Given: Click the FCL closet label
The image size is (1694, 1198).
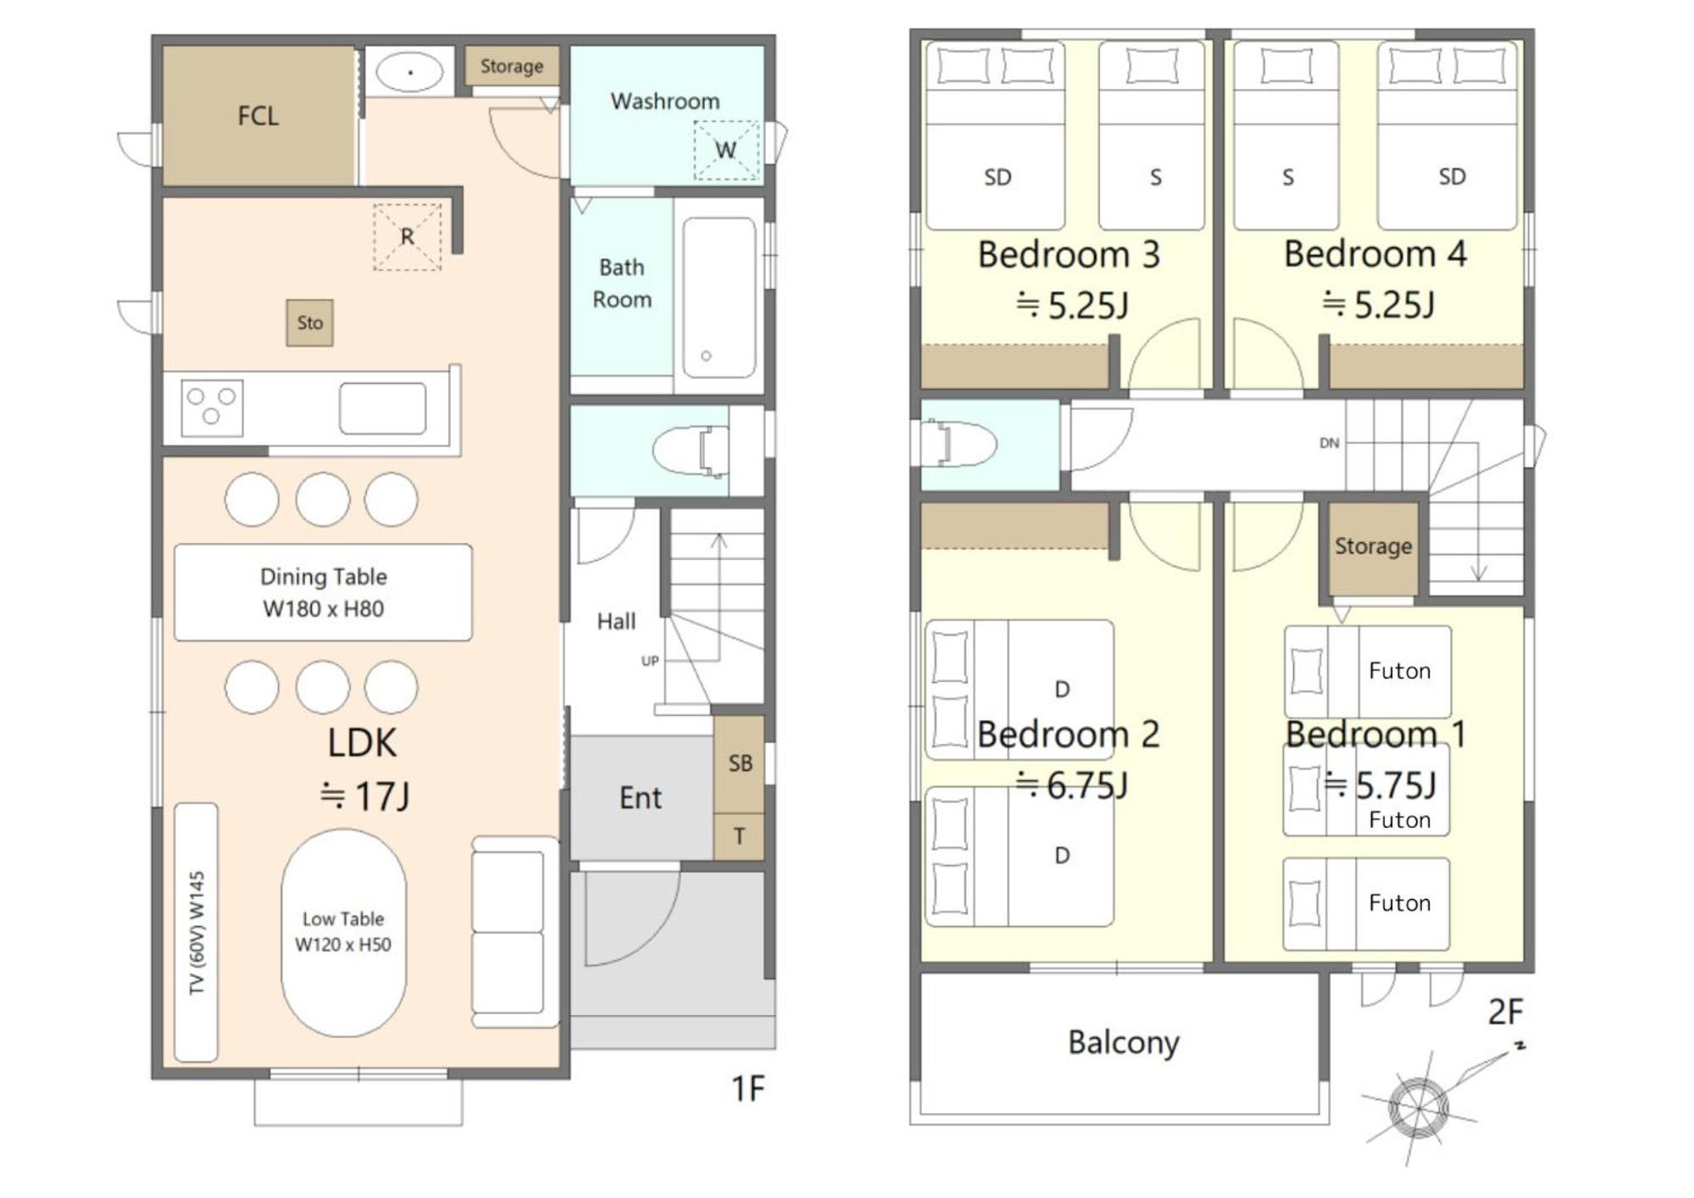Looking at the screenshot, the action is coord(258,116).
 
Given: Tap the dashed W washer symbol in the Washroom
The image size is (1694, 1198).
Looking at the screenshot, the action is coord(726,150).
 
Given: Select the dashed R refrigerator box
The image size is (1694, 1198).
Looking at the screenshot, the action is coord(408,236).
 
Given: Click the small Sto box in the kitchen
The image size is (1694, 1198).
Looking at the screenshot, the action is coord(309,323).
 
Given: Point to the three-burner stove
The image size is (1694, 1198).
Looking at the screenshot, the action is coord(212,408).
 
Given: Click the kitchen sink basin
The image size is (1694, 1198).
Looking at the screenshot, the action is coord(382,408).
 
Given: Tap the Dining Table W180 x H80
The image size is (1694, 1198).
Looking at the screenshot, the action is coord(323,592).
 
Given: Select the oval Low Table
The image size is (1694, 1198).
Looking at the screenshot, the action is coord(343,932).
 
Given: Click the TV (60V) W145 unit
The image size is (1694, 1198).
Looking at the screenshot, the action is coord(196,932).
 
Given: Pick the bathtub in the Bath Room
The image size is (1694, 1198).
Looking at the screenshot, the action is coord(719,297).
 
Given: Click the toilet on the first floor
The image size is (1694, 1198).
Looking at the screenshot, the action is coord(690,450).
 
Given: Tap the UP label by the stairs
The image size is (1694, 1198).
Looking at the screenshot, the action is coord(650,661).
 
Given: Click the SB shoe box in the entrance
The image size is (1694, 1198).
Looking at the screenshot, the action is coord(739,764).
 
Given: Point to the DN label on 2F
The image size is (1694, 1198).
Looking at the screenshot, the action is coord(1329,443).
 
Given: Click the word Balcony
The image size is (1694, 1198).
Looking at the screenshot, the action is coord(1123,1043).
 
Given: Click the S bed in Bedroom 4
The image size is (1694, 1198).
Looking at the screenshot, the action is coord(1286,136).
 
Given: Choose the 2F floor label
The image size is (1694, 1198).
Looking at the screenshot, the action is coord(1505,1012).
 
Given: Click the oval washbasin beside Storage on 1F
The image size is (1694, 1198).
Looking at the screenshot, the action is coord(409,72).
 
